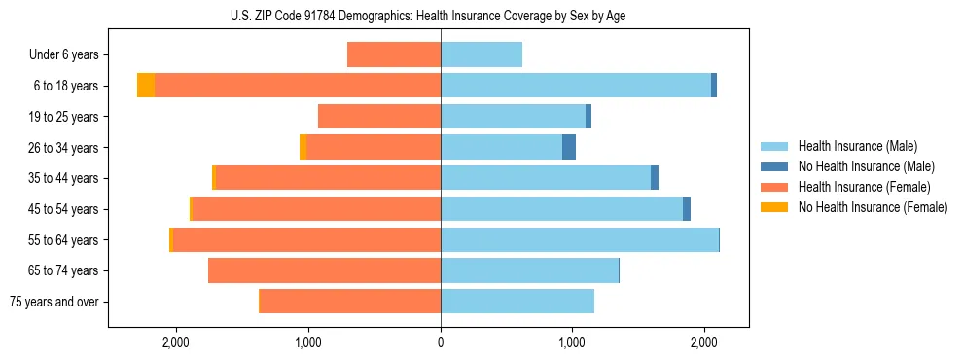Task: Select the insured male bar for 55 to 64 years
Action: pos(580,239)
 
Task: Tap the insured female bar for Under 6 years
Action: pos(394,54)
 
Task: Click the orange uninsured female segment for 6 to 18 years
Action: pos(146,86)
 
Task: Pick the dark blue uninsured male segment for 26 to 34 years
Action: pos(569,147)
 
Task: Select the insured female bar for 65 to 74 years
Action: pos(324,270)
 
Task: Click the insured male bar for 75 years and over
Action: pos(517,302)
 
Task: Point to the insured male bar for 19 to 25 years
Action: pos(514,117)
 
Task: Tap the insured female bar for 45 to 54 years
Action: pos(316,208)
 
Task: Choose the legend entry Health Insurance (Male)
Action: pos(857,146)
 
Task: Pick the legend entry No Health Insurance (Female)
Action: pos(873,207)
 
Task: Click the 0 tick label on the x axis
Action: pos(441,342)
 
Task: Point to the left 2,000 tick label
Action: pos(176,342)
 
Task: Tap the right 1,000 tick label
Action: pos(572,342)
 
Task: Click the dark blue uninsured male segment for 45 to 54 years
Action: pos(687,208)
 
